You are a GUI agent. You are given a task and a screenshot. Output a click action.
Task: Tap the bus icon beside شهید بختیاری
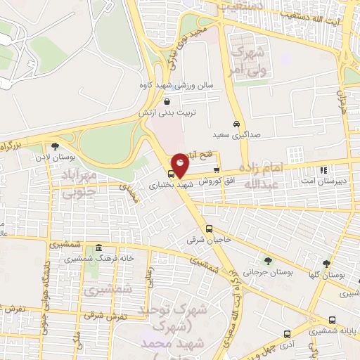coord(171,172)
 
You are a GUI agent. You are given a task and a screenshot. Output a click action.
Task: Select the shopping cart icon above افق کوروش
coord(217,169)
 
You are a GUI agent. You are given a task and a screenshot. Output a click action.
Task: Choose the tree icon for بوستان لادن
coord(55,146)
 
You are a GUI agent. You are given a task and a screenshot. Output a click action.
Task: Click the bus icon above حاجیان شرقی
coord(208,228)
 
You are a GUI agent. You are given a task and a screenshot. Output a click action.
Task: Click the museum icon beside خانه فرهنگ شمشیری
coord(98,248)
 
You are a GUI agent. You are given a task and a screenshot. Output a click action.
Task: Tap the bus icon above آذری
coord(287,333)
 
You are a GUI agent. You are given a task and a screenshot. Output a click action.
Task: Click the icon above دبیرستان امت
coord(323,170)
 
